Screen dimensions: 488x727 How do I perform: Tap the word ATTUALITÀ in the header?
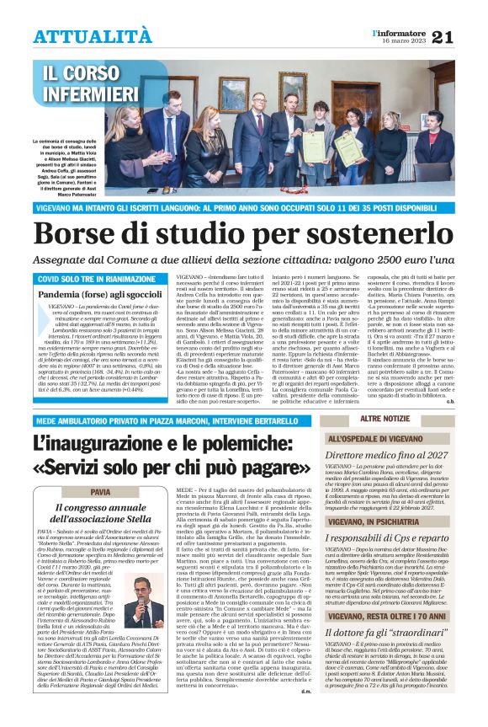pos(93,36)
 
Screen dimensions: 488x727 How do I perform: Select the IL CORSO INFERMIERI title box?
pos(91,83)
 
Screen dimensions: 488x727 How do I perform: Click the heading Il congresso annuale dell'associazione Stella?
pos(101,514)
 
